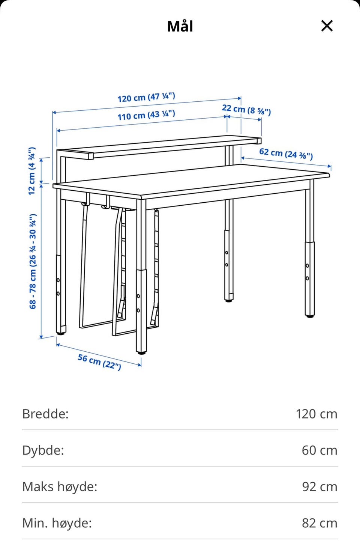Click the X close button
click(327, 26)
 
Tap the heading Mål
click(180, 27)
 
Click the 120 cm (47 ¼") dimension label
click(146, 97)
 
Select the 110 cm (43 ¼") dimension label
click(146, 115)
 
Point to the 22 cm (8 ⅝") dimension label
click(246, 110)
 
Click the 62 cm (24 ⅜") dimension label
click(286, 153)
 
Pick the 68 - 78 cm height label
click(33, 261)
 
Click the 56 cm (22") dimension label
click(99, 361)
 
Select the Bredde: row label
click(45, 414)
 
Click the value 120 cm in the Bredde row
click(316, 414)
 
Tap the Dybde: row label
click(43, 450)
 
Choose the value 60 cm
click(319, 450)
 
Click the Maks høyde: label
click(60, 486)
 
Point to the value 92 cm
click(319, 486)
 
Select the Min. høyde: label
click(57, 523)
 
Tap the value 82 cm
click(319, 523)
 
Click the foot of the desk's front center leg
click(141, 352)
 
